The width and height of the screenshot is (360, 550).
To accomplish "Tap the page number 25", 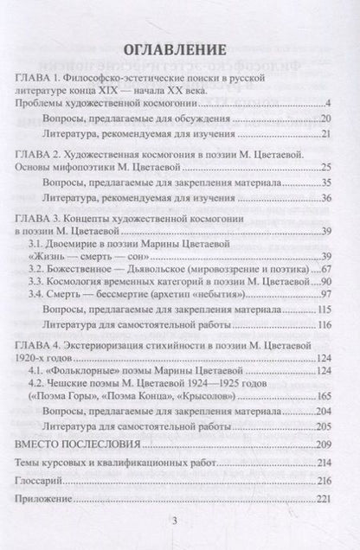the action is pyautogui.click(x=327, y=167).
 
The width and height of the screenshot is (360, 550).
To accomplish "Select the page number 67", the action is pyautogui.click(x=327, y=270).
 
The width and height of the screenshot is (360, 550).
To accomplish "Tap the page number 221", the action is pyautogui.click(x=325, y=501).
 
